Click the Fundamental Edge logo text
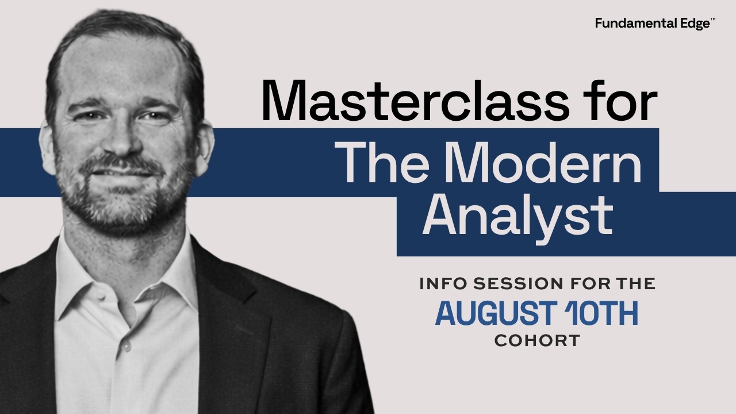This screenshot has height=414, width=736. (655, 24)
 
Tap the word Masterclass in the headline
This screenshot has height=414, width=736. (415, 101)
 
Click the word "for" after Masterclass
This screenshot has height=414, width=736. (620, 100)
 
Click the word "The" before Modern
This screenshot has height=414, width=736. (382, 163)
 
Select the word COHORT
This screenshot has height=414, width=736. (537, 341)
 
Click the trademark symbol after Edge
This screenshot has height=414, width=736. (713, 20)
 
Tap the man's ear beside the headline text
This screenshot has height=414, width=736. (204, 148)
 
